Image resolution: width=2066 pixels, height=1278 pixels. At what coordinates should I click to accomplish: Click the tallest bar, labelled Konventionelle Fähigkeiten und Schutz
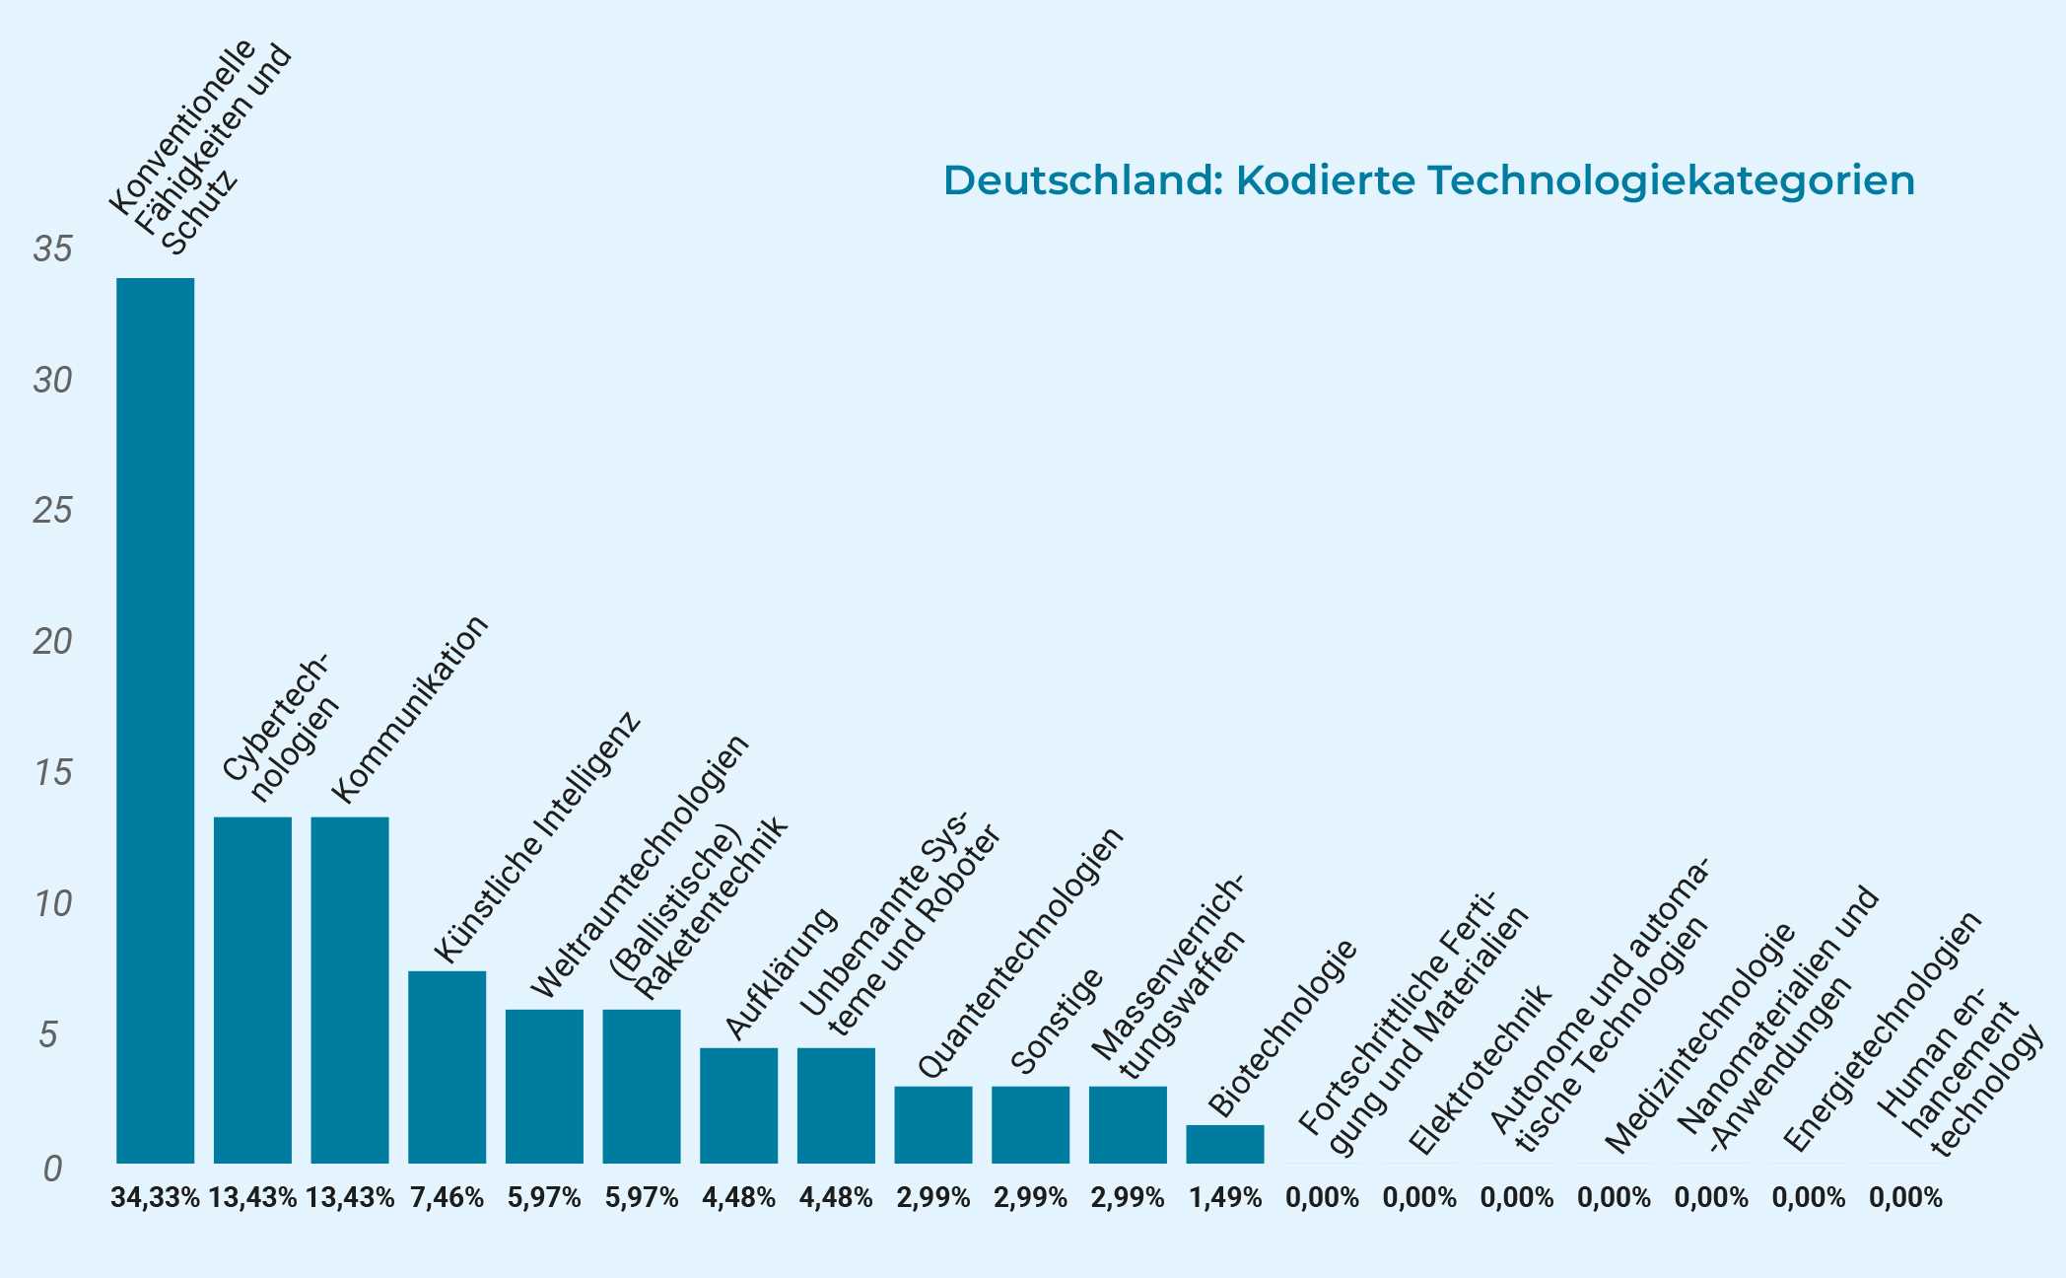[155, 720]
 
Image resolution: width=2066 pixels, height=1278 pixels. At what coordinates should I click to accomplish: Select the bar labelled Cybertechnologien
[252, 989]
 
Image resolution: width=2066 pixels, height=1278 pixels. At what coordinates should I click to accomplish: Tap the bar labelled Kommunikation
[350, 989]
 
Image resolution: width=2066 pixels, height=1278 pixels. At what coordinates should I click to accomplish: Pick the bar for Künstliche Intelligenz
[447, 1067]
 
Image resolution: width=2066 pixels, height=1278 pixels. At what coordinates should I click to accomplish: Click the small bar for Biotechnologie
[1224, 1144]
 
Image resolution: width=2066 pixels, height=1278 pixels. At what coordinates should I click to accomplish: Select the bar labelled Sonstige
[1030, 1124]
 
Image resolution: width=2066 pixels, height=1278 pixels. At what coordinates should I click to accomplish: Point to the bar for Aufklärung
[738, 1104]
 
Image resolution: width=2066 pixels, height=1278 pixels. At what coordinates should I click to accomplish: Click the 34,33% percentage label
[155, 1198]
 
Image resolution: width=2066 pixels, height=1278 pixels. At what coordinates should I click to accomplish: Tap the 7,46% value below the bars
[447, 1198]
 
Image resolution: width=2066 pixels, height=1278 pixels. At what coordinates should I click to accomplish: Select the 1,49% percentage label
[1224, 1198]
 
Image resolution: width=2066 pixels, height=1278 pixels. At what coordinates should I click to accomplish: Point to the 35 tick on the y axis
[53, 249]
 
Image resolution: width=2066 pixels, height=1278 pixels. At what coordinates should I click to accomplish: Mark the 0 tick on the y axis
[53, 1169]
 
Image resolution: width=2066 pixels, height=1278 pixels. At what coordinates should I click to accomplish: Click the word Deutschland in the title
[1081, 180]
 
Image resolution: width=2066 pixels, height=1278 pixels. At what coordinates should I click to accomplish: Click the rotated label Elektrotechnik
[1479, 1070]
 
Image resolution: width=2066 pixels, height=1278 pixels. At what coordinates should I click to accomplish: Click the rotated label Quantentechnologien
[1020, 952]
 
